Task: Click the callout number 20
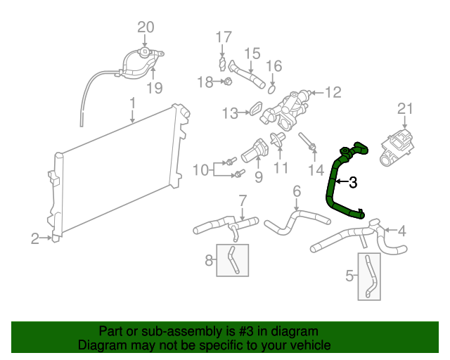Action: point(145,27)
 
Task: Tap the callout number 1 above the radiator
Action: point(132,104)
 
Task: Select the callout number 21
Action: point(403,108)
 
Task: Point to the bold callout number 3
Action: point(352,182)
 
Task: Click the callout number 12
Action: point(332,91)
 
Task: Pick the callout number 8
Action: point(209,261)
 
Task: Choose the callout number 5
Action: point(350,277)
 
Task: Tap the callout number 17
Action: point(223,37)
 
